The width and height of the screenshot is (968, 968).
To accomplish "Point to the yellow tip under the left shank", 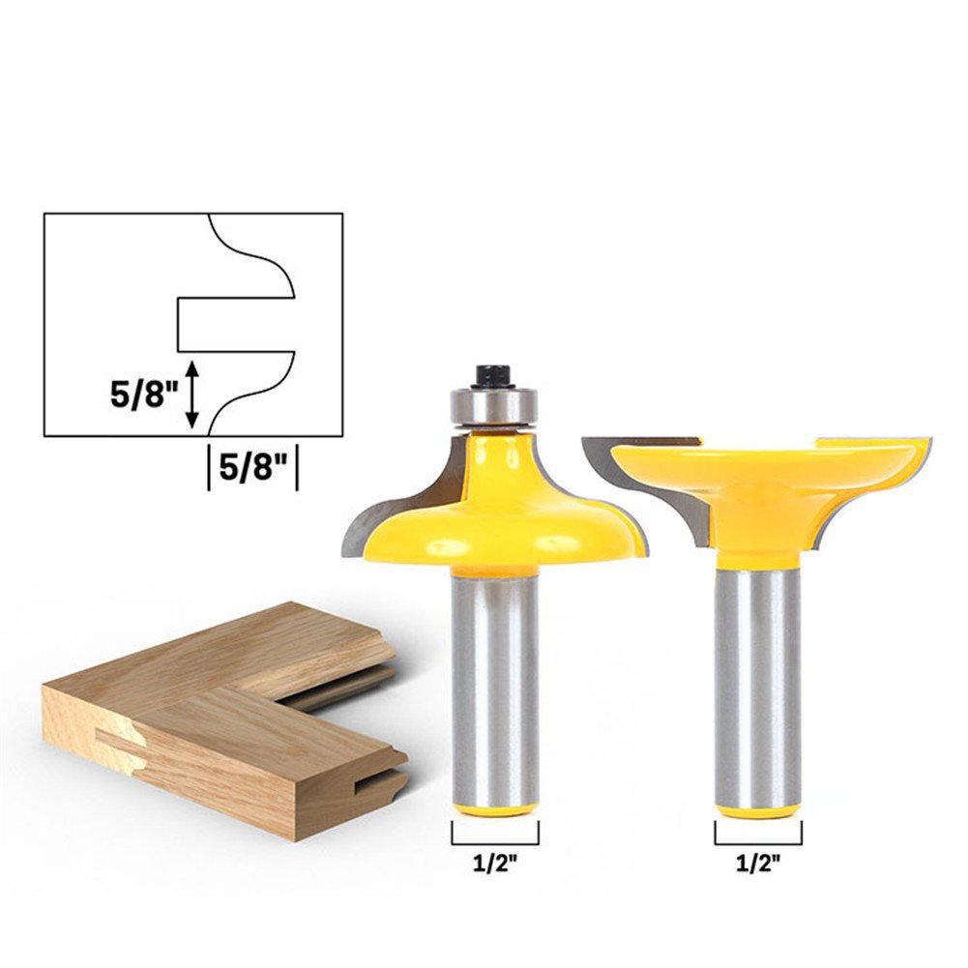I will (495, 808).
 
